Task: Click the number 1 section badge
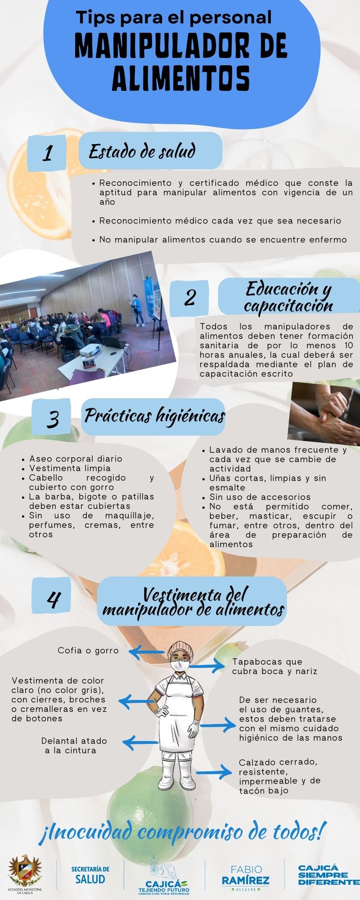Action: (47, 153)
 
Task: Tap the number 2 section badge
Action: (189, 297)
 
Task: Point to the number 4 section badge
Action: (52, 598)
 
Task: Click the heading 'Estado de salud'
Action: (142, 152)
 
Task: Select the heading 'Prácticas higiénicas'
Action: (154, 416)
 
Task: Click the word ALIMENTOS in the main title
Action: (180, 78)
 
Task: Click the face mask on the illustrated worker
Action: (180, 664)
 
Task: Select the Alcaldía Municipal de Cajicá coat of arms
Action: (25, 870)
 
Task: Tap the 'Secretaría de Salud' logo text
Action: (90, 875)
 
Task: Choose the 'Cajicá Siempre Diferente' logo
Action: (329, 875)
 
